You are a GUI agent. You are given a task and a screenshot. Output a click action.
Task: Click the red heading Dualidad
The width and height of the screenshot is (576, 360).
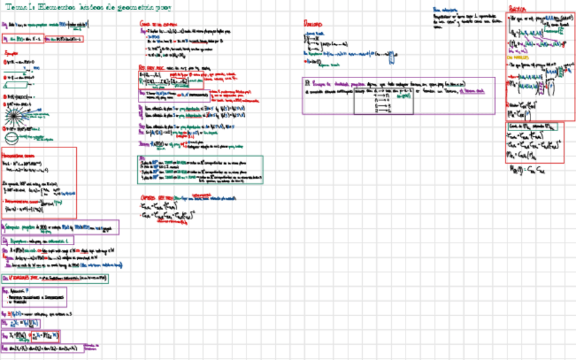[x=312, y=22]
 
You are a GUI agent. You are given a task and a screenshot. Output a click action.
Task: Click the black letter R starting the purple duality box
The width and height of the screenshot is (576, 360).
[x=306, y=82]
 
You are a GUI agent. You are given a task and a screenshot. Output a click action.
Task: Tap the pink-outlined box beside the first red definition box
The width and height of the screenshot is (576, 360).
[x=66, y=39]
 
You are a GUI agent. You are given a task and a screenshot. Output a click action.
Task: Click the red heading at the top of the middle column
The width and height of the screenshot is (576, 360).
[x=154, y=22]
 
